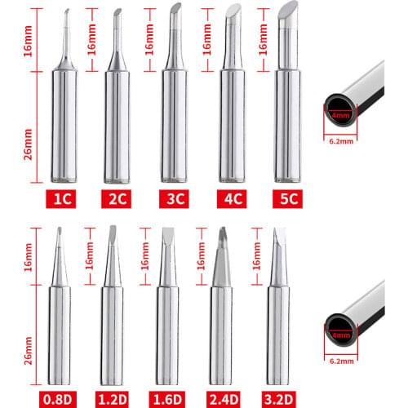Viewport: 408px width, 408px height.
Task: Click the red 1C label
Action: pyautogui.click(x=63, y=197)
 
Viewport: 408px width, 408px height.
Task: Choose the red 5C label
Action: pyautogui.click(x=286, y=197)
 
